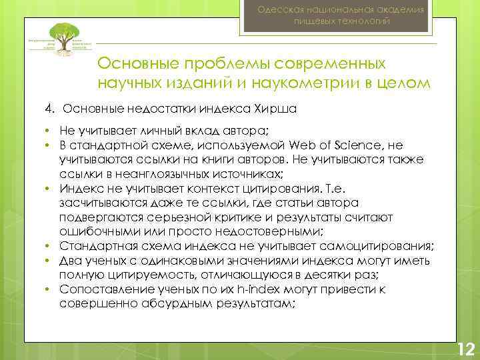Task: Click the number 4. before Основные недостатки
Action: click(49, 109)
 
